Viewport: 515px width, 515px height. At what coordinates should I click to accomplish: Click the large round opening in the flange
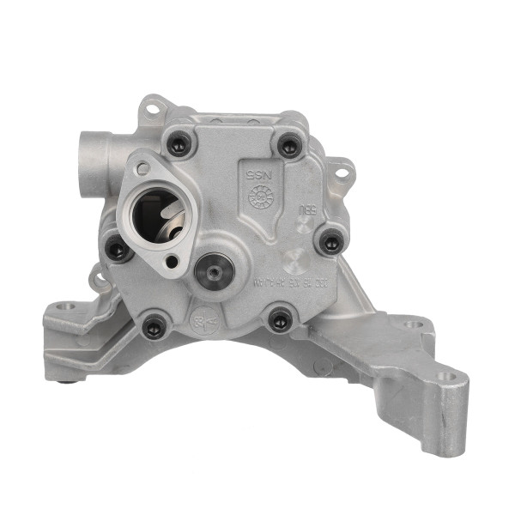click(158, 215)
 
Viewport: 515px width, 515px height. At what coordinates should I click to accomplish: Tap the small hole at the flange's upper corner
click(142, 168)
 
